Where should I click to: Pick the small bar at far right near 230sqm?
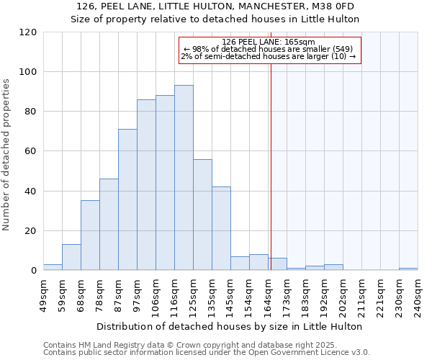tap(408, 269)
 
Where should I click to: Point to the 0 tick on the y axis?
tap(33, 271)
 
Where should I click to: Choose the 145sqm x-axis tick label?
tap(231, 296)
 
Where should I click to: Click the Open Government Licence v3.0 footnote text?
tap(310, 353)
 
